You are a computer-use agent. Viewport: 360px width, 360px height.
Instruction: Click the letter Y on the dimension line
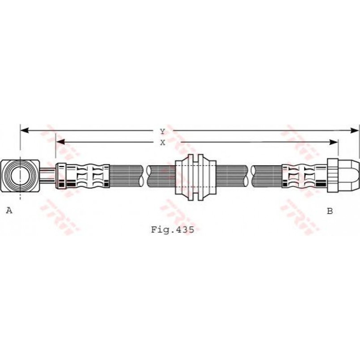(162, 131)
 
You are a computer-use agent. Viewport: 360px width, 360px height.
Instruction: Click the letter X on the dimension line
(163, 143)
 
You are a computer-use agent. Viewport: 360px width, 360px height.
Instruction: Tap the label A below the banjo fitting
(9, 210)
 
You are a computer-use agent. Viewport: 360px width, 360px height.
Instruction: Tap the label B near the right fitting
(330, 211)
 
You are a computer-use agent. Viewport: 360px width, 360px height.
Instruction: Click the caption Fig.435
(173, 229)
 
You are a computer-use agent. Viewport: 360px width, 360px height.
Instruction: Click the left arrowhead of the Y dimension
(25, 131)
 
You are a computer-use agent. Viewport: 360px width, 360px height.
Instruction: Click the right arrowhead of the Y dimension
(355, 131)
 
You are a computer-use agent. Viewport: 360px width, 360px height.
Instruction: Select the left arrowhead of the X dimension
(60, 142)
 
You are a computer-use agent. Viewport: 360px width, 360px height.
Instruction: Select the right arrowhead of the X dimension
(334, 142)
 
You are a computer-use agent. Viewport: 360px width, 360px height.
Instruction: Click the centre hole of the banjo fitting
(20, 176)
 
